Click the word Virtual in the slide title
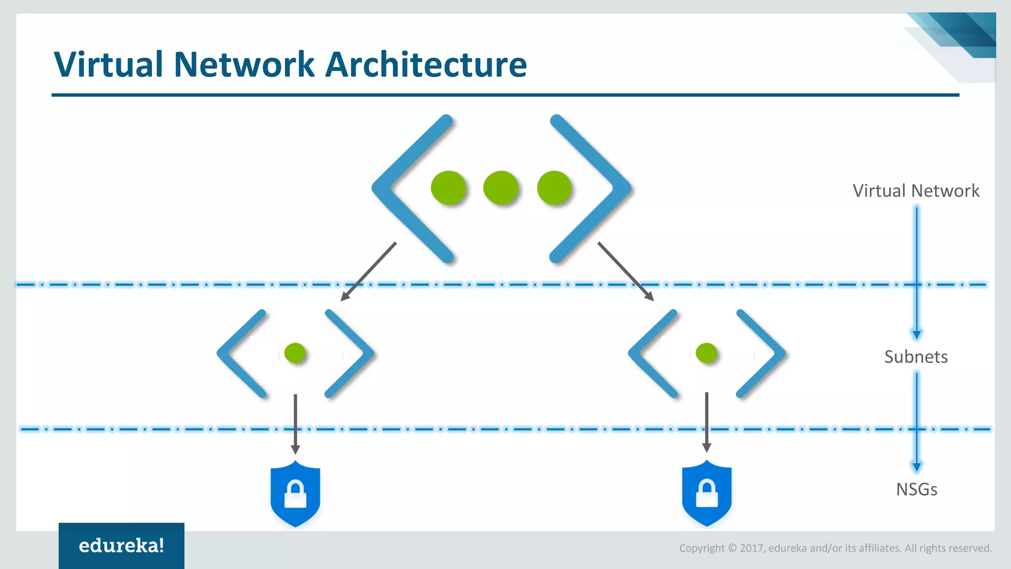108,65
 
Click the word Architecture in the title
426,65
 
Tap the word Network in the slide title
244,65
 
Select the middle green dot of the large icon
501,188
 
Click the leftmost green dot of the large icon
448,188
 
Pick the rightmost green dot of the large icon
554,188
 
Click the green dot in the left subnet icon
295,353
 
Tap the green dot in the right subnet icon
706,353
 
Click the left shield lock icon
295,494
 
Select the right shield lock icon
706,494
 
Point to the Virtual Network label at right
916,191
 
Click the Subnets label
916,357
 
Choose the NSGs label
916,489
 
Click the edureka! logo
121,545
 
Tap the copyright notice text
835,548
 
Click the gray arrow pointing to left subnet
368,272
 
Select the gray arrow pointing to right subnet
625,271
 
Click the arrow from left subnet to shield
295,424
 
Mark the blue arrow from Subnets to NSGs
917,420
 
